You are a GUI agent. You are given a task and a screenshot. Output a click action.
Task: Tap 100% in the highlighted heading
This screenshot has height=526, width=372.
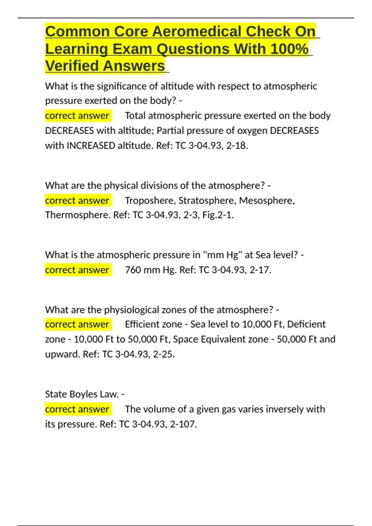[x=289, y=49]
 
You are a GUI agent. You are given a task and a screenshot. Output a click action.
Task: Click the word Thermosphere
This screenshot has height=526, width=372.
[x=77, y=215]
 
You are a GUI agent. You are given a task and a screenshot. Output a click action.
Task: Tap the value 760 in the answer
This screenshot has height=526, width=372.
[x=133, y=270]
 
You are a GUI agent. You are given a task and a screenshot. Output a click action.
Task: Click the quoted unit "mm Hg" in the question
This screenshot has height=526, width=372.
[x=222, y=255]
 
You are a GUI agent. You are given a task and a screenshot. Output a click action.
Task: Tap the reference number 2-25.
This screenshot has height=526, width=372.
[x=164, y=354]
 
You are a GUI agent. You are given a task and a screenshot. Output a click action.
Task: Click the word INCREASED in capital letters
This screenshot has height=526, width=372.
[x=91, y=145]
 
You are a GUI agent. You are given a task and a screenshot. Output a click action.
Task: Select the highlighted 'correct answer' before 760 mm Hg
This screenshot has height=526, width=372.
[x=77, y=270]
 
